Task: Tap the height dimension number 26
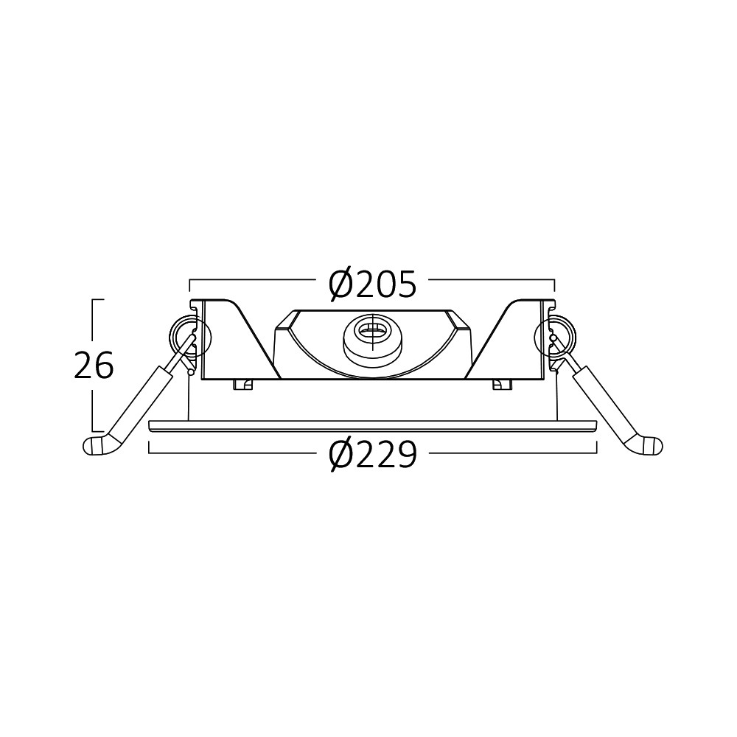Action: (94, 366)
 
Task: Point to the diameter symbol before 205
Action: (340, 284)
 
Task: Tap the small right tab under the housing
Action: (501, 384)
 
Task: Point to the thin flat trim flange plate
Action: (372, 425)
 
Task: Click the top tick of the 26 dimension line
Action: (97, 300)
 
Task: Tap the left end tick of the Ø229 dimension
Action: (150, 447)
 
